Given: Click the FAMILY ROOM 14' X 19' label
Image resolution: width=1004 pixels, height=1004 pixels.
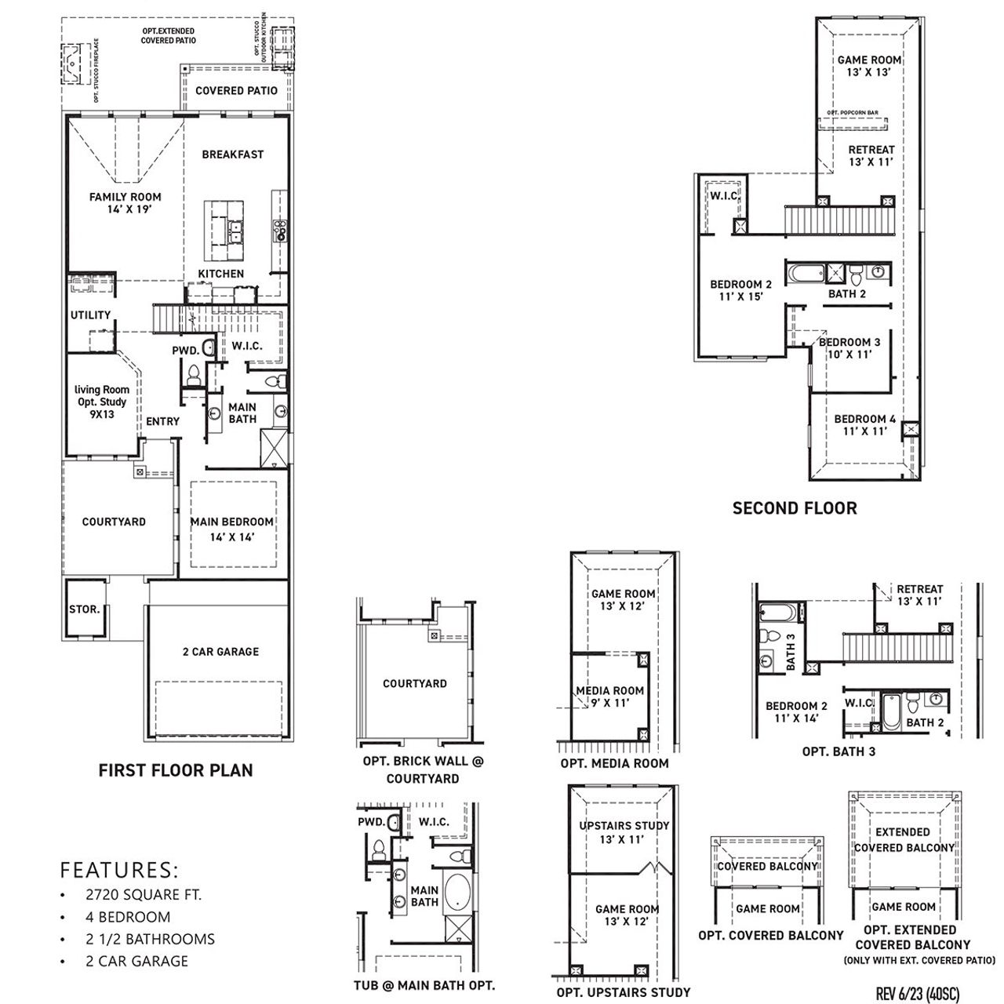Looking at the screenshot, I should coord(125,203).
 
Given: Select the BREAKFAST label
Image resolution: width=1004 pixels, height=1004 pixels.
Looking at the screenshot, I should coord(232,155).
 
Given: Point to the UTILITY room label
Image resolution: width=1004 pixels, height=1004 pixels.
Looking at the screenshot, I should coord(91,315).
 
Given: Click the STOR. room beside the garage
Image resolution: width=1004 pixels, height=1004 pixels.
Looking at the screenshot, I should coord(85,609).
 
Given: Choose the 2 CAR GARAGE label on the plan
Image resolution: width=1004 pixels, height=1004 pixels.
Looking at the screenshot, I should coord(220,652).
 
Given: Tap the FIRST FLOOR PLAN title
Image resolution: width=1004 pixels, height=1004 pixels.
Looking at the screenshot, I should coord(176,770).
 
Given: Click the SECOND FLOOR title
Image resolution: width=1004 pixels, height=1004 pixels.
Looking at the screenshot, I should coord(795,508).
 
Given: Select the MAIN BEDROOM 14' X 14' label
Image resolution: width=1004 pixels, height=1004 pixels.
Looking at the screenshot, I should coord(232,529).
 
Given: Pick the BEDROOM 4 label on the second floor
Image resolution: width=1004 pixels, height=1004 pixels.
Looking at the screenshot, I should coord(864,425).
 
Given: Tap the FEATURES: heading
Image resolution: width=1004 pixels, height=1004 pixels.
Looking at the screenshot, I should coord(119,870).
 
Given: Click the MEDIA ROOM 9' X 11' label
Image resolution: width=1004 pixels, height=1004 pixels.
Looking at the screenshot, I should coord(610,697).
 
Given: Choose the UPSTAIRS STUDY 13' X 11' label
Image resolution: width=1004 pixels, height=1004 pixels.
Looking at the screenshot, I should coord(624,832).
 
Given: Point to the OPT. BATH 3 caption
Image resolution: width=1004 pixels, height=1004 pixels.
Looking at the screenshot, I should coord(838,751).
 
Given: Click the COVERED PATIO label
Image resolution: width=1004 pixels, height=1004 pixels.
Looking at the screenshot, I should coord(236,91).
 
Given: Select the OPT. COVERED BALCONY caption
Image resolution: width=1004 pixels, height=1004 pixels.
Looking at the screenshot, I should coord(771,935).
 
